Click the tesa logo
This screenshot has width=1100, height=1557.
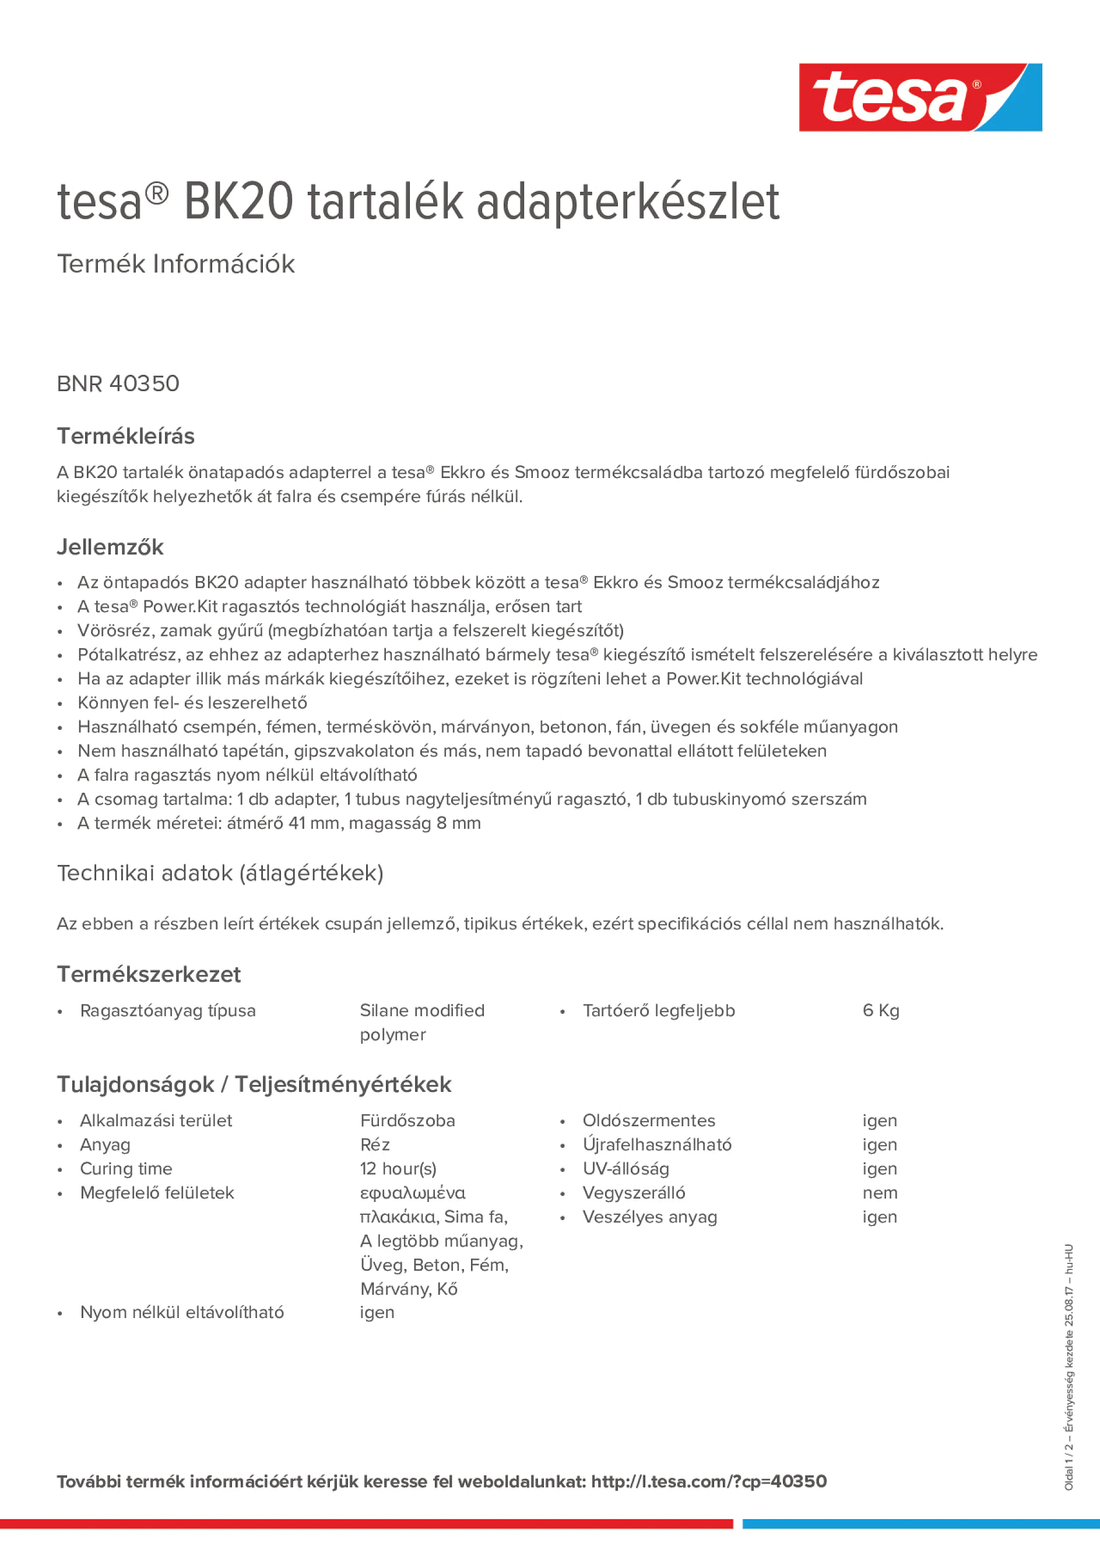pyautogui.click(x=920, y=98)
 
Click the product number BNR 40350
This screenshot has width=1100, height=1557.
pyautogui.click(x=118, y=384)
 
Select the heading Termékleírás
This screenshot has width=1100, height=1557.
pyautogui.click(x=125, y=436)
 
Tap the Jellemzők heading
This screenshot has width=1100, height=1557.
pyautogui.click(x=110, y=547)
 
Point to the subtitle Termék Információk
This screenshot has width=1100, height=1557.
pyautogui.click(x=175, y=264)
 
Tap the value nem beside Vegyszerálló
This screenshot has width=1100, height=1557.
pyautogui.click(x=880, y=1193)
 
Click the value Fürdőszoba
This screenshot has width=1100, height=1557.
pyautogui.click(x=407, y=1120)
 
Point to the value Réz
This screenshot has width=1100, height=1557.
pyautogui.click(x=374, y=1145)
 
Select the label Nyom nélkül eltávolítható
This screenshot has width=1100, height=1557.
pyautogui.click(x=182, y=1312)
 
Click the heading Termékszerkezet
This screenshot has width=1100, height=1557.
pyautogui.click(x=149, y=975)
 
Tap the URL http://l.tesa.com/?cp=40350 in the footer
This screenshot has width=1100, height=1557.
pyautogui.click(x=709, y=1481)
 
